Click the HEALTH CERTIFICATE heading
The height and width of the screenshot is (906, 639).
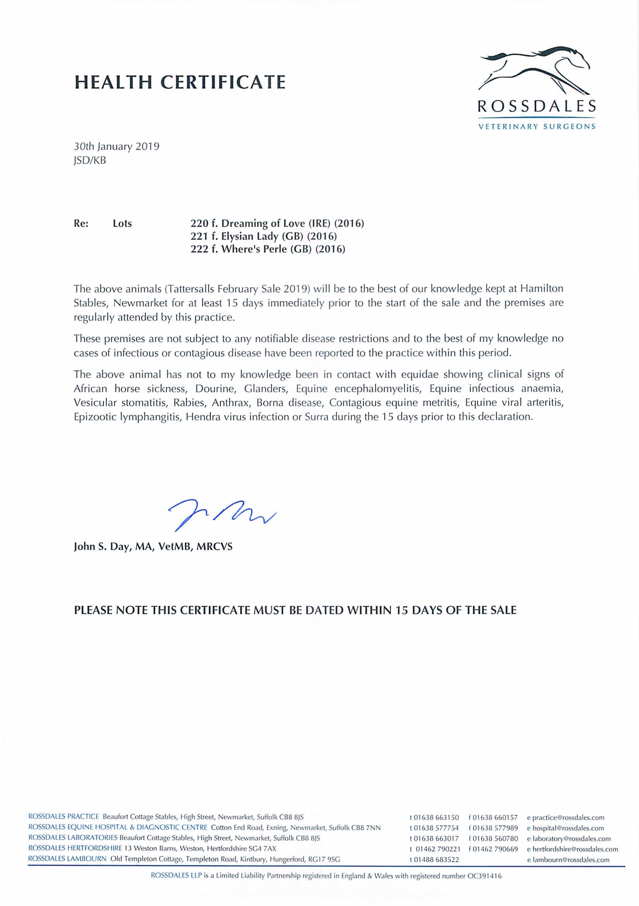pos(180,82)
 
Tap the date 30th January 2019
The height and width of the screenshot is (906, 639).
pos(117,146)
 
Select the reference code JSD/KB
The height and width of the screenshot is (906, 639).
pos(90,160)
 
